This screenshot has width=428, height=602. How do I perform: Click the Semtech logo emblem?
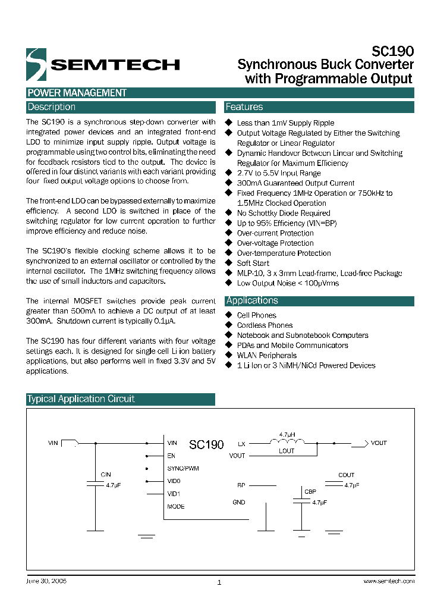36,64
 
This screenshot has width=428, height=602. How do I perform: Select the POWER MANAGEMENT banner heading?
77,93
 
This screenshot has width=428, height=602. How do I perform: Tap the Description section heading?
52,107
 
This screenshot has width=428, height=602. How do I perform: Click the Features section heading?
244,107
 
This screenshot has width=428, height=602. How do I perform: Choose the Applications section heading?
252,300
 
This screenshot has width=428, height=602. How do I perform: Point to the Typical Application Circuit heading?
81,399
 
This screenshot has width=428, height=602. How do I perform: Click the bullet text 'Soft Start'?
253,263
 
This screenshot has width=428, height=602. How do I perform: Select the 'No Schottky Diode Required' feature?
284,213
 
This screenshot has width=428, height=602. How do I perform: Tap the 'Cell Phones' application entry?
256,315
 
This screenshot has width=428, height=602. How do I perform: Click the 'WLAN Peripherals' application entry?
266,355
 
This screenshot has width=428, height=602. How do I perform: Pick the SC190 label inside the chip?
206,445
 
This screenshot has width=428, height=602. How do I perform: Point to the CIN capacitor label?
106,475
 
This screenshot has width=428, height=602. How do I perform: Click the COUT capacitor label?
346,475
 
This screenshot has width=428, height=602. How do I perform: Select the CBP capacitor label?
310,492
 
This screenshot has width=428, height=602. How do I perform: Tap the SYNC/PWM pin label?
183,468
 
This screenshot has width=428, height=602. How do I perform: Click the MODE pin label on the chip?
176,506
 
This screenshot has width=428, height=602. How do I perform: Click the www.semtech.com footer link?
388,581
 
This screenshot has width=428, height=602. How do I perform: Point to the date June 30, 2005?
46,581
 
